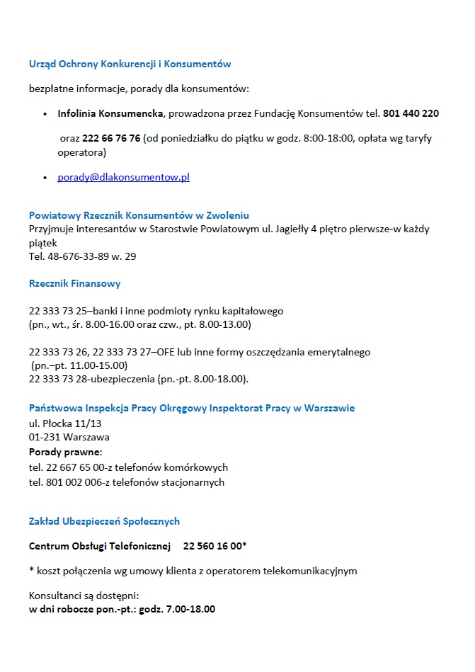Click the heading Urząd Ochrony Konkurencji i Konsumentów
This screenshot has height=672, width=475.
(130, 64)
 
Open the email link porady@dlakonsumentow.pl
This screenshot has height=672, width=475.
(123, 177)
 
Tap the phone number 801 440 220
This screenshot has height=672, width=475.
(411, 113)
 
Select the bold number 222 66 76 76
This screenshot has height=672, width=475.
(111, 138)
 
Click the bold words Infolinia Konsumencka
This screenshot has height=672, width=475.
(110, 113)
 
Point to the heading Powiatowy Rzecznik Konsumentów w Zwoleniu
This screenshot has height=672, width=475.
(139, 215)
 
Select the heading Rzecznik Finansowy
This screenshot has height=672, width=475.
(74, 283)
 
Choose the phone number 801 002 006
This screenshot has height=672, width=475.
(71, 482)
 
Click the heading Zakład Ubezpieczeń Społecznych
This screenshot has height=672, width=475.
(104, 521)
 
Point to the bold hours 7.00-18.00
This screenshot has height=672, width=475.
(190, 609)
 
